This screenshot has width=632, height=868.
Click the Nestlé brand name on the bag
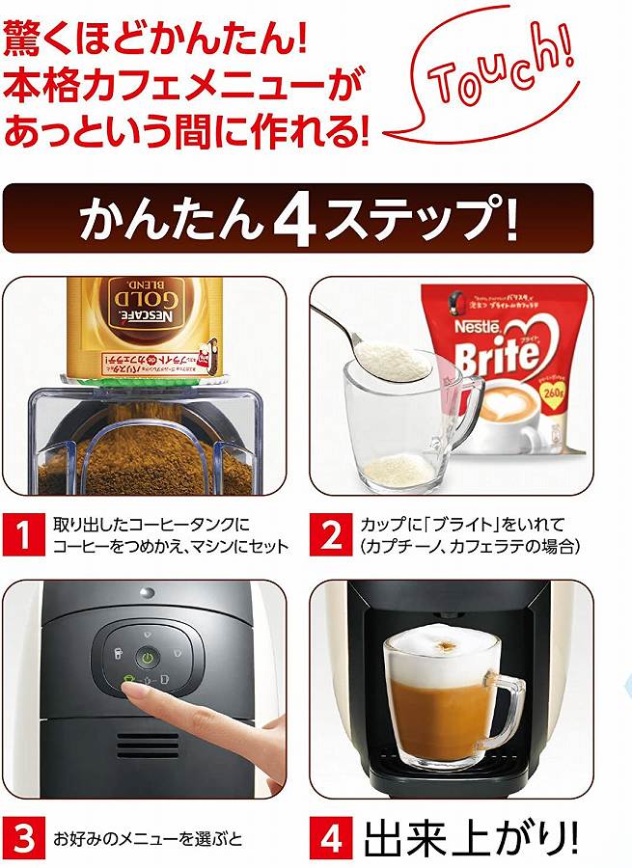coord(482,327)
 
